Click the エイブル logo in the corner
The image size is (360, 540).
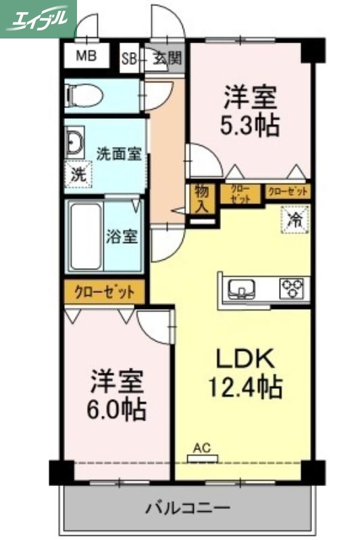coord(38,18)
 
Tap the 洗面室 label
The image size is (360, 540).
coord(118,153)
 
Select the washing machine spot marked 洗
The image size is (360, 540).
coord(78,173)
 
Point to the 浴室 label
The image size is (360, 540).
coord(122,236)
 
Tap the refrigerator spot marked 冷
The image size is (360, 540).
coord(295,219)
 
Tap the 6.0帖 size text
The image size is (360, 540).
coord(118,409)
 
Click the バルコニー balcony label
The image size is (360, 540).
coord(188,507)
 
